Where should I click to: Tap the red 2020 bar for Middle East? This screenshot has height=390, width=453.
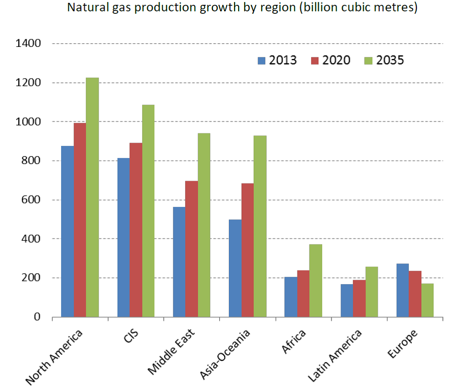coord(191,249)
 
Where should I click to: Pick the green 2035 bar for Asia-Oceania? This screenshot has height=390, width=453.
coord(260,226)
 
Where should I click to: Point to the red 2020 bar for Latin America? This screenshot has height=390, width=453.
coord(359,298)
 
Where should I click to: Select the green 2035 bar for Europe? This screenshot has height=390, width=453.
coord(427,300)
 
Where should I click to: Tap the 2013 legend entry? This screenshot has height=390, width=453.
coord(277,60)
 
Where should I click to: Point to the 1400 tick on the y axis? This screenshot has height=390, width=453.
coord(28,44)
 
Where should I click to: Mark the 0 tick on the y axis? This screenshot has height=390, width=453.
coord(37,317)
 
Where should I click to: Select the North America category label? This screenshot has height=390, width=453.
coord(55,356)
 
